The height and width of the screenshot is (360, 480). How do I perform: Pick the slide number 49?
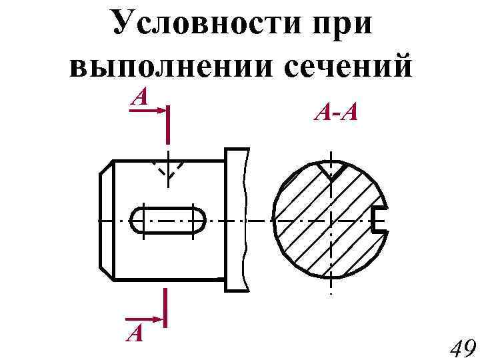461,347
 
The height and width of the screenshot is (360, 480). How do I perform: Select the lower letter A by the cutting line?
136,331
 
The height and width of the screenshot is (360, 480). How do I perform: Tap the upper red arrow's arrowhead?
160,111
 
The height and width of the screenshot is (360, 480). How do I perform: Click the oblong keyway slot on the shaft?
169,221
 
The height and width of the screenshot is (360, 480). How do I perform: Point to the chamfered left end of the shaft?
105,221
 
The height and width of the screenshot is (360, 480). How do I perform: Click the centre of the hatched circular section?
331,221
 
